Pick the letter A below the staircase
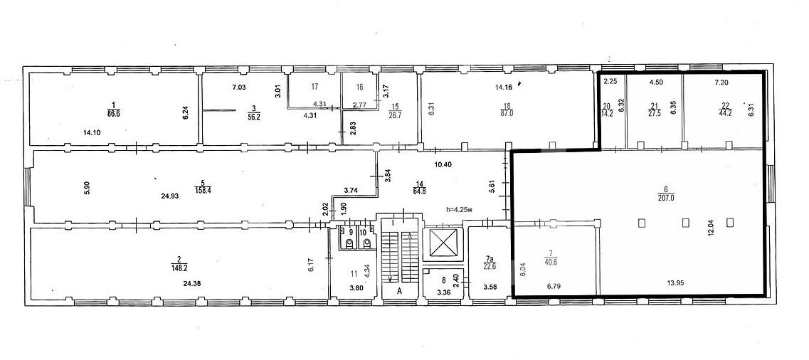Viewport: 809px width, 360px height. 399,290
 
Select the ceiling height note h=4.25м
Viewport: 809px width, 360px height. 461,210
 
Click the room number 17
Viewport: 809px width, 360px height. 315,87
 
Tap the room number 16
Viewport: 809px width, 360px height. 360,87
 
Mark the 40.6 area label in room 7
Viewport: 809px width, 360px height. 551,261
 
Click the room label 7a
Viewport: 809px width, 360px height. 490,257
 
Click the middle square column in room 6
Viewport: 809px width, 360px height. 686,223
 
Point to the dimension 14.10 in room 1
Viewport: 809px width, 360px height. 92,132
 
